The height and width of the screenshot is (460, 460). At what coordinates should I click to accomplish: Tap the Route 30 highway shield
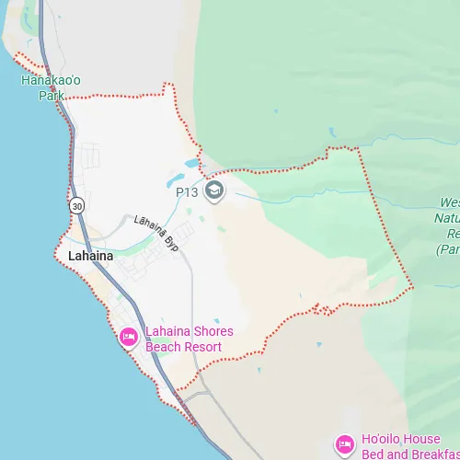click(75, 204)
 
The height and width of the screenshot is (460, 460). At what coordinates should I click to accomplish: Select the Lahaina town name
click(91, 256)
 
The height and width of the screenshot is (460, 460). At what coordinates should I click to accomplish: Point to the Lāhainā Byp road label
click(155, 233)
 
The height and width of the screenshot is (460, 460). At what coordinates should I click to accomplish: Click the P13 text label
click(187, 192)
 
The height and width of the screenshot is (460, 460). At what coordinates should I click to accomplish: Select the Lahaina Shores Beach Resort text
click(189, 339)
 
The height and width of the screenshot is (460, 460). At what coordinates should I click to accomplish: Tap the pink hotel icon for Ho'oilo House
click(345, 445)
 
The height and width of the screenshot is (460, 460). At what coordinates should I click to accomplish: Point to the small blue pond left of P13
click(190, 164)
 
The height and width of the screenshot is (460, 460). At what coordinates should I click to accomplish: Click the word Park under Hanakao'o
click(52, 95)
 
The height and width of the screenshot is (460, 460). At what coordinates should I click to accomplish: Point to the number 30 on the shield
click(75, 204)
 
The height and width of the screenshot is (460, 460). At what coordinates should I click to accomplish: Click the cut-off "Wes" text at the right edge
click(449, 202)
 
